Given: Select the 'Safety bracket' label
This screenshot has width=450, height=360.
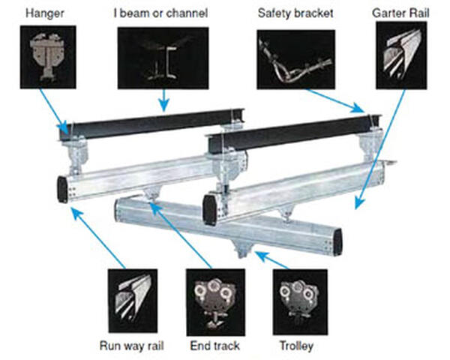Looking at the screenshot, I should pyautogui.click(x=291, y=13).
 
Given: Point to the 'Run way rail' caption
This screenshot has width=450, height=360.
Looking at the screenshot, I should pyautogui.click(x=133, y=346).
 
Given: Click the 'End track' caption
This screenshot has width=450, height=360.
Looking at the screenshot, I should pyautogui.click(x=214, y=346).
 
